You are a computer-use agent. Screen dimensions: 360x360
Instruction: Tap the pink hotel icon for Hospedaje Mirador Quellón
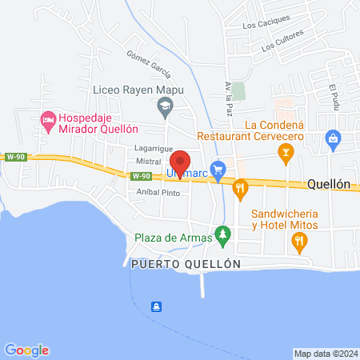[47, 121]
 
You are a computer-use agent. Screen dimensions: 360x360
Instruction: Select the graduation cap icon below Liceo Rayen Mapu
[165, 105]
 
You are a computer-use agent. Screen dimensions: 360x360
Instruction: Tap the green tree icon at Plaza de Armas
[225, 237]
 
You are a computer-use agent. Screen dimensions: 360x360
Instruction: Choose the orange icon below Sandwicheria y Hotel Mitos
[300, 246]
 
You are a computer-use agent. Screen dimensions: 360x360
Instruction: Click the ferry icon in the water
[158, 306]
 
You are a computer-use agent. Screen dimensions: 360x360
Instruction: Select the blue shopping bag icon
[332, 139]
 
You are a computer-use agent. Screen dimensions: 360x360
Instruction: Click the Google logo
[27, 350]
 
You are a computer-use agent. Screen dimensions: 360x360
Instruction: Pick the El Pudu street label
[335, 97]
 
